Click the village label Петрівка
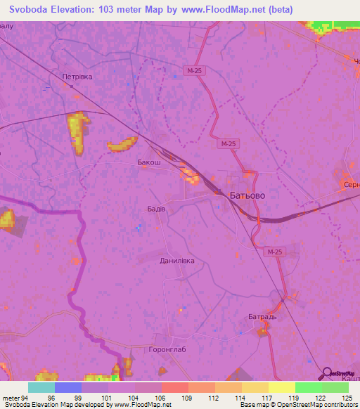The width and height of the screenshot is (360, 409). pos(77,76)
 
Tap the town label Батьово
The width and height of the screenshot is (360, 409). pos(247,196)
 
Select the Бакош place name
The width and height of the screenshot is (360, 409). pos(148,162)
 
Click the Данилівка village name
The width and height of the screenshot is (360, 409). pos(176,260)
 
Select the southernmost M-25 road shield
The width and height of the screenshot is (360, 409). pos(274,252)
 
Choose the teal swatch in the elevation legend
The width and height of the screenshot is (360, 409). pos(41,387)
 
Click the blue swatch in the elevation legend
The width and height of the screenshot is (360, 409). pos(68,387)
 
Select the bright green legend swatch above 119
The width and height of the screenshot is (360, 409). pos(308,387)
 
